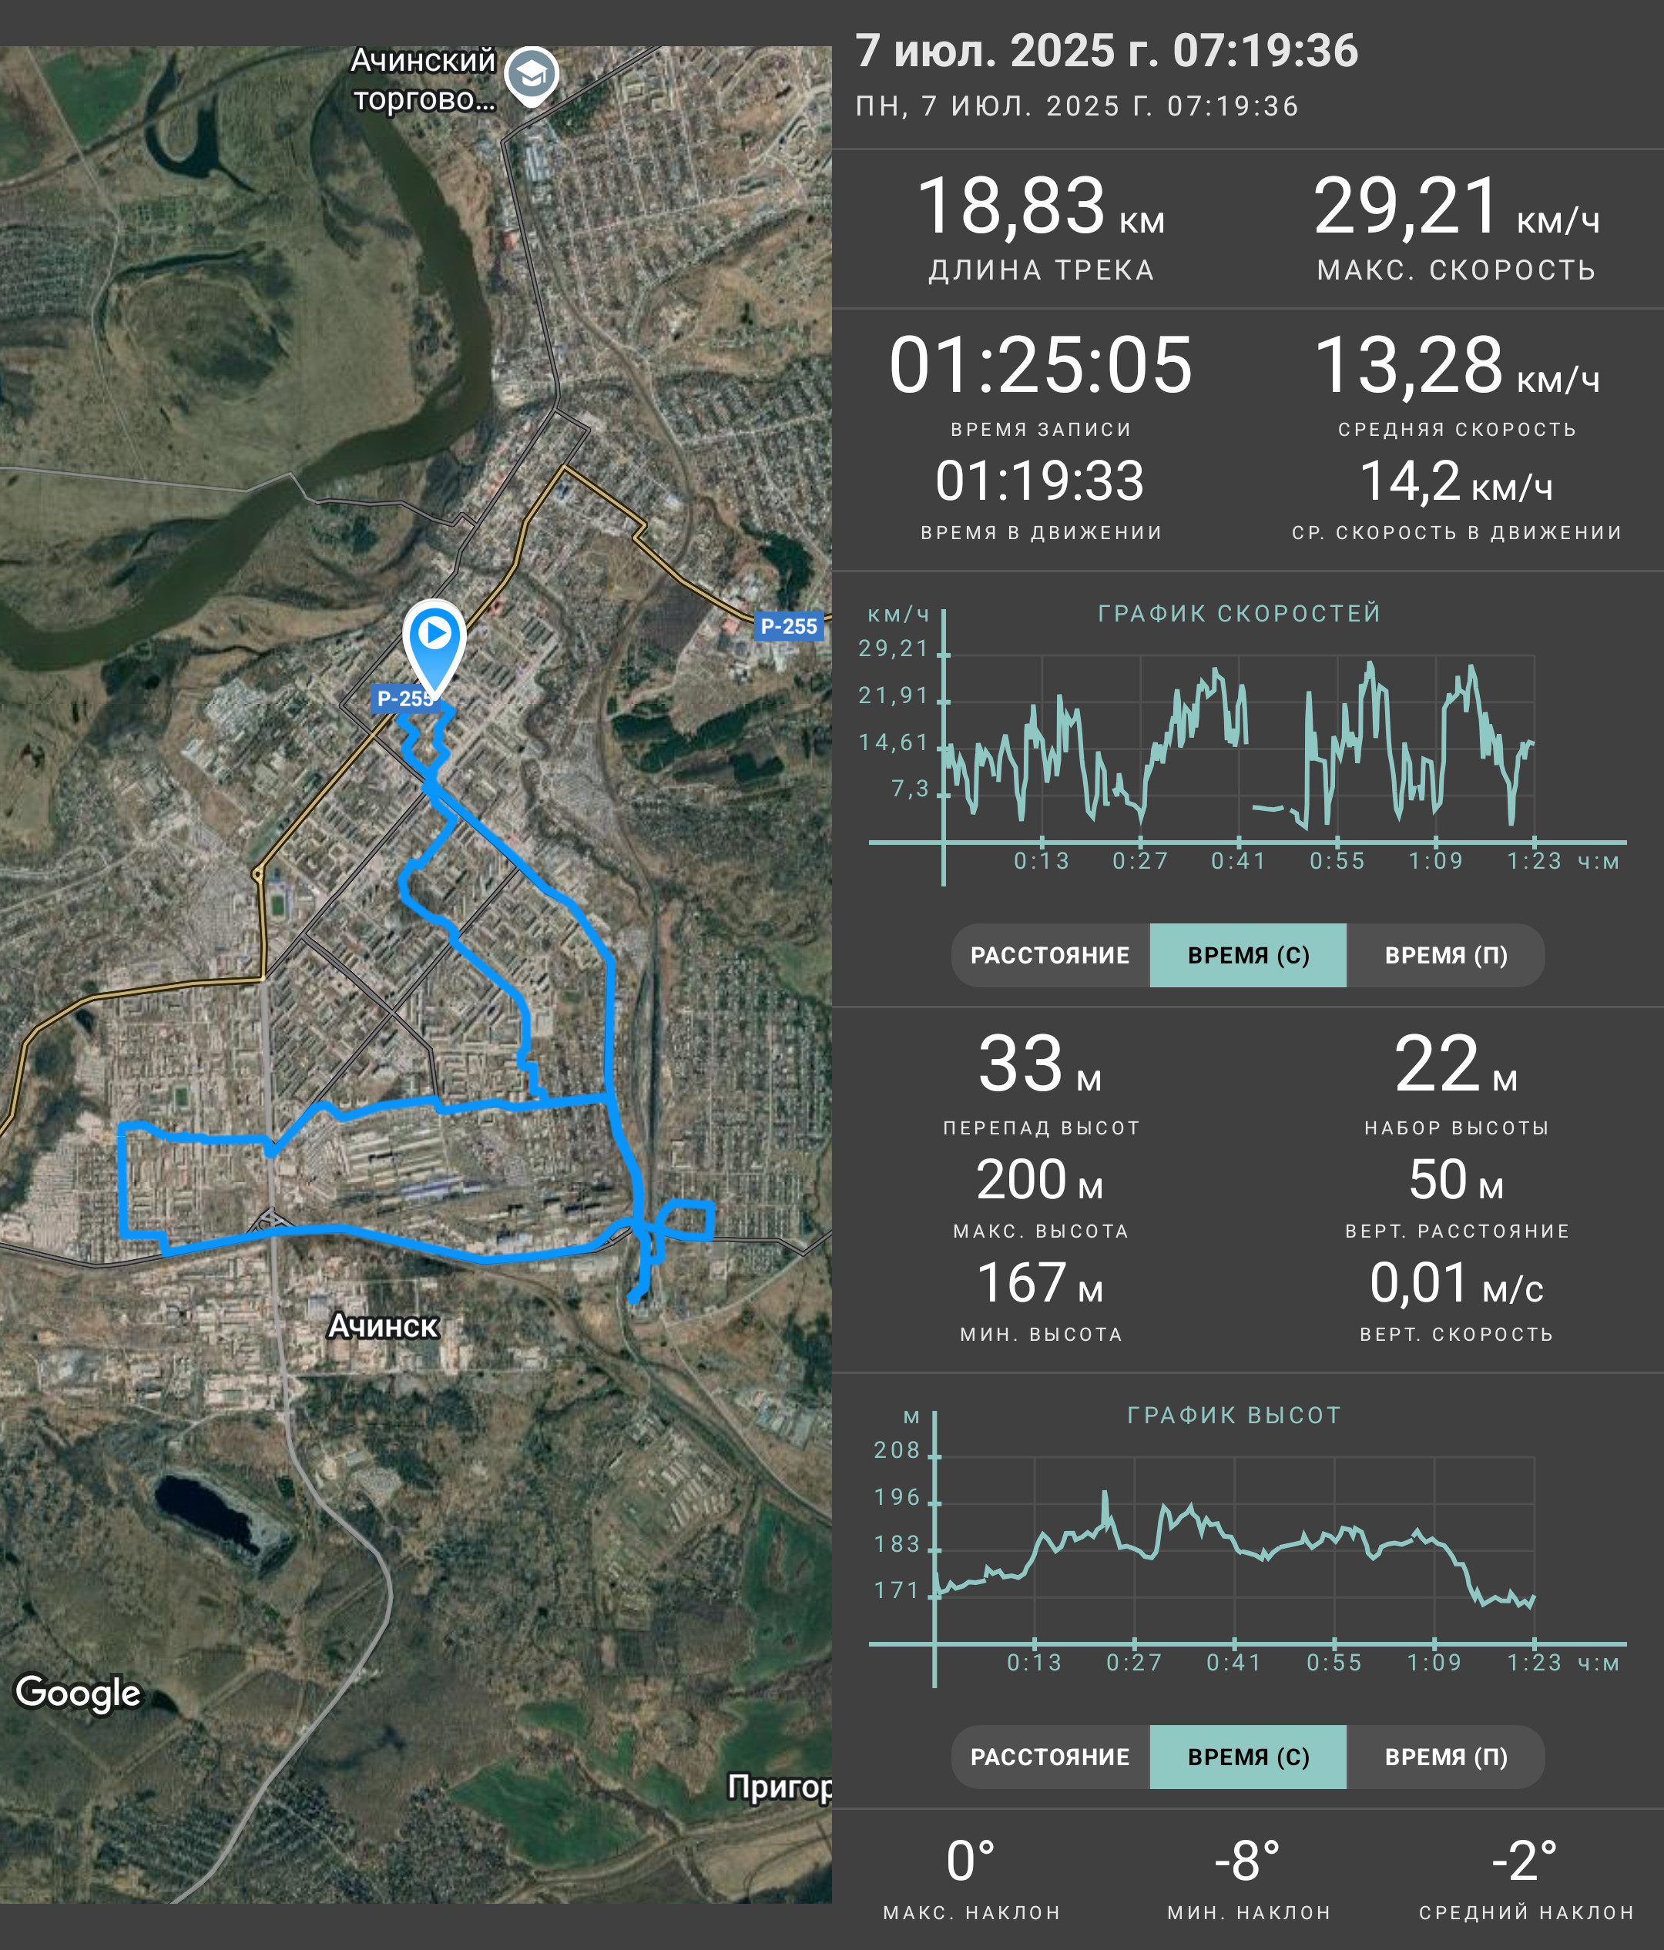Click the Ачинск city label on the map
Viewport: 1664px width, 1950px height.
[383, 1326]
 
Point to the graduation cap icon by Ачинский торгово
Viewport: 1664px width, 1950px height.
[532, 75]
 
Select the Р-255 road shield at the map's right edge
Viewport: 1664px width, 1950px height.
[789, 626]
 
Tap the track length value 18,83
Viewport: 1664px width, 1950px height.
[1011, 206]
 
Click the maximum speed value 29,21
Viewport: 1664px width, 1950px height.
[1406, 206]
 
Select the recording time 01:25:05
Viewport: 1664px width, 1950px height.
[1041, 365]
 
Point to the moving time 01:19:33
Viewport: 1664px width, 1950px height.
[1040, 481]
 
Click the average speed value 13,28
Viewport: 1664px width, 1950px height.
[1408, 365]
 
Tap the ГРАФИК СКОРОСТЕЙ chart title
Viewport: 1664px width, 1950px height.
[1240, 614]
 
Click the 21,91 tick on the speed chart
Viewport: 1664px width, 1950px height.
[893, 695]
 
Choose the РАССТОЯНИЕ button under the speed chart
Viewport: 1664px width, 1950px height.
[1050, 955]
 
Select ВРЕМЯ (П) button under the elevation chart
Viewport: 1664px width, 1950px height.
[1446, 1757]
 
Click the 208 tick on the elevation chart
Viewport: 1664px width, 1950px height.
[897, 1450]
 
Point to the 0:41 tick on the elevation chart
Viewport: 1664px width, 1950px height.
[1234, 1663]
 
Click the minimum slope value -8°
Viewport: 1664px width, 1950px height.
[1247, 1861]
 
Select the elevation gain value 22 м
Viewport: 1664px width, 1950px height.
[1456, 1064]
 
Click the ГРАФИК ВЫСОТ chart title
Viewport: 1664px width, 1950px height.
[1234, 1416]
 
